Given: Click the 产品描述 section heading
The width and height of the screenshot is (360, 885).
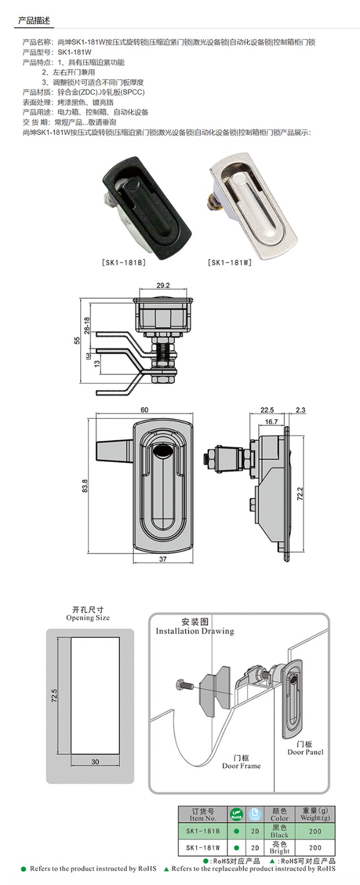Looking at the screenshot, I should point(34,20).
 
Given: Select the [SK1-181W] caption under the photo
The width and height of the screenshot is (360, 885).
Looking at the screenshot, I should point(230,263).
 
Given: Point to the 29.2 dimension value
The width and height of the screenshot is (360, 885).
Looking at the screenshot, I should point(163,286).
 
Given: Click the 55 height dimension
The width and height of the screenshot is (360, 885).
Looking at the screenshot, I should point(78,341).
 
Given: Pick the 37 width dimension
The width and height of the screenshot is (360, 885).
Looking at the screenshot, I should point(163,559).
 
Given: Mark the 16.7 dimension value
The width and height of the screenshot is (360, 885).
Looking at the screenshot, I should point(271,421).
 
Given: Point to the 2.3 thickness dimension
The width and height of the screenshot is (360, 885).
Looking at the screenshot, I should point(300,410).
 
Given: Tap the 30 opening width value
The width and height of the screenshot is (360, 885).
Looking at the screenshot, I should point(95,762).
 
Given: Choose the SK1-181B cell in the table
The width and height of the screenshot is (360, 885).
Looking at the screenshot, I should point(203,831).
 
